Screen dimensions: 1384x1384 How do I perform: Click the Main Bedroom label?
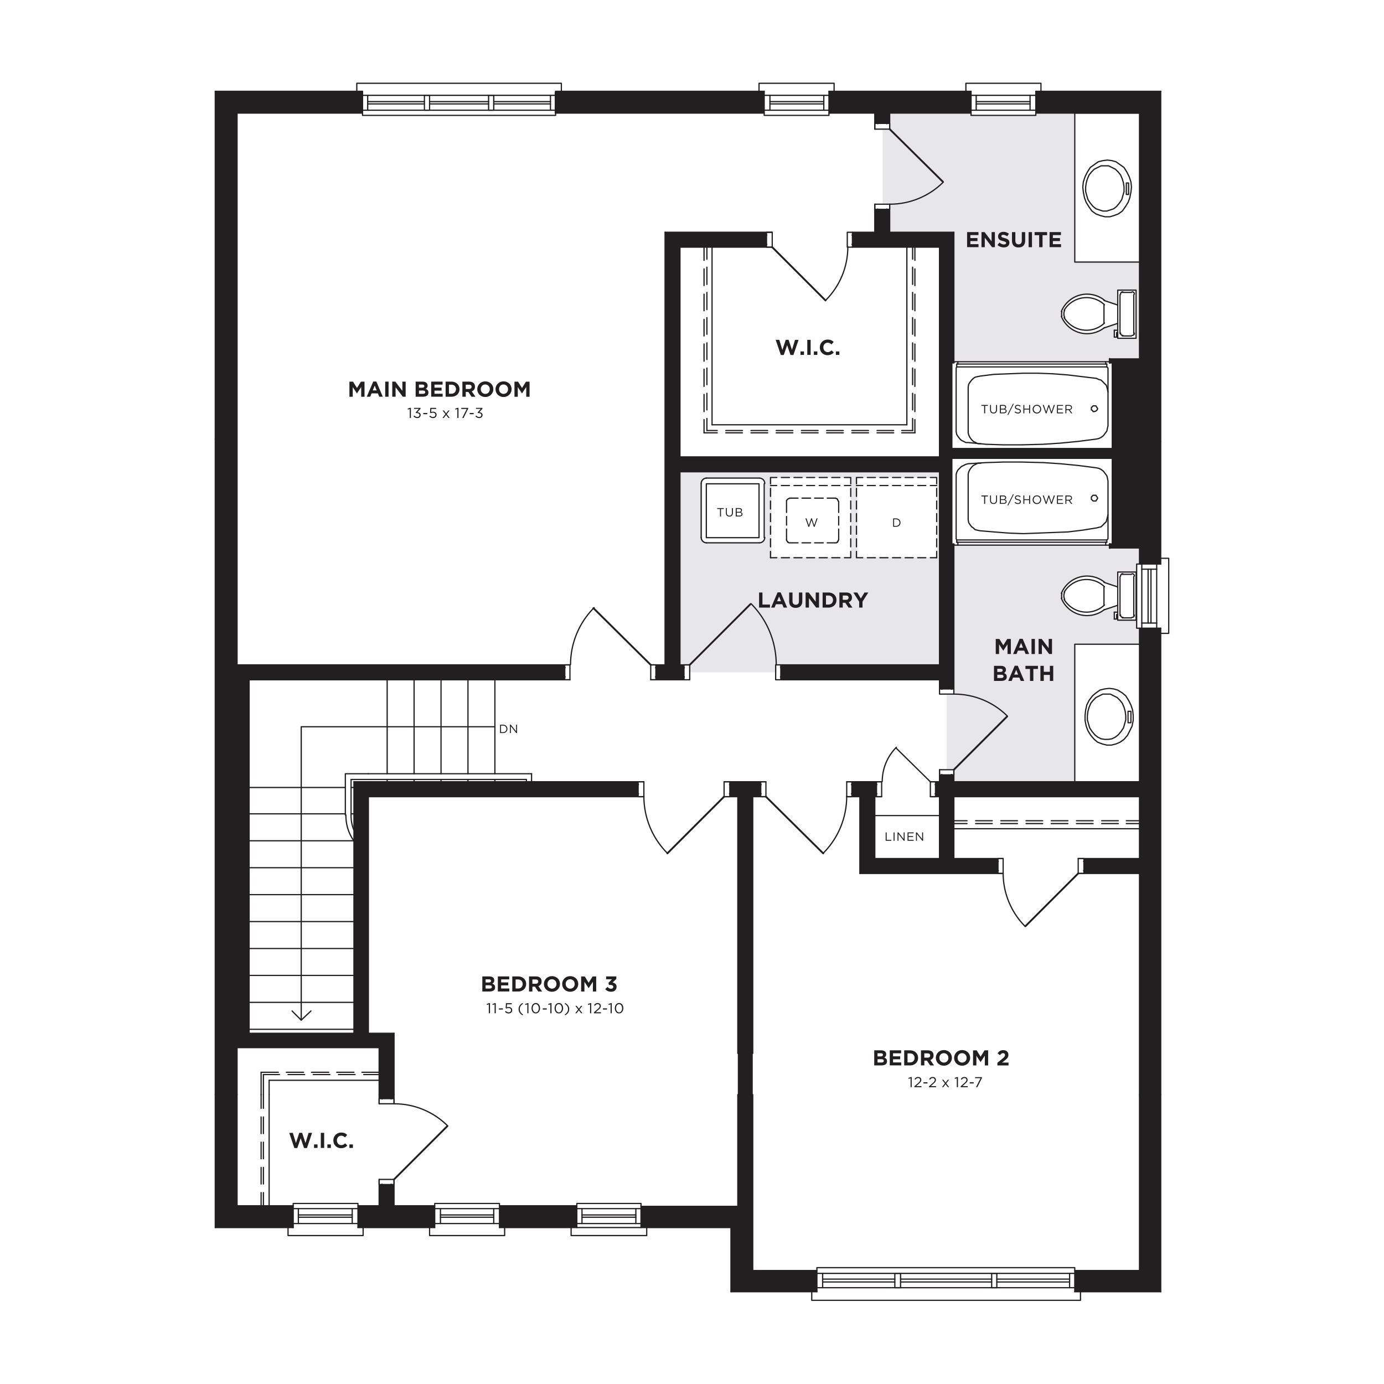tap(439, 390)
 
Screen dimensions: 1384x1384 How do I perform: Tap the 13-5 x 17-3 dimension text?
tap(445, 414)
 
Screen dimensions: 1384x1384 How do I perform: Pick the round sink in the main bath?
tap(1109, 716)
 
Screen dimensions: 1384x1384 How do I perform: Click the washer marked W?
tap(811, 517)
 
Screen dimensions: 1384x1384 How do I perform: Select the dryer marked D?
tap(896, 517)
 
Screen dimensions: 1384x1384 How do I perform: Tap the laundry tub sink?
tap(732, 510)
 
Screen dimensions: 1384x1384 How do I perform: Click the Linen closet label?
tap(904, 836)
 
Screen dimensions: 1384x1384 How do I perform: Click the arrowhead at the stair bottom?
tap(302, 1015)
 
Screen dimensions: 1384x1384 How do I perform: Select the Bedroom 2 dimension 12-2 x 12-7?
tap(945, 1082)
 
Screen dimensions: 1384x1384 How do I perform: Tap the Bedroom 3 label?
tap(549, 984)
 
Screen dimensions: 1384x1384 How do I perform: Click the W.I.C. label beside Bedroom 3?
tap(322, 1141)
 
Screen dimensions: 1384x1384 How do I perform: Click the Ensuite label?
tap(1014, 240)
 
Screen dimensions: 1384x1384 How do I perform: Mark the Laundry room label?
tap(813, 600)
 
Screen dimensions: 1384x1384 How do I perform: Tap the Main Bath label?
tap(1024, 660)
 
